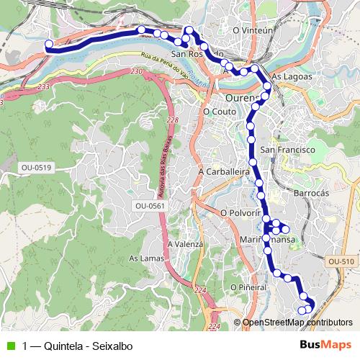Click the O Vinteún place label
(255, 31)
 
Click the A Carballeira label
(223, 173)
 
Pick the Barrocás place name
(311, 194)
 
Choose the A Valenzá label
(186, 245)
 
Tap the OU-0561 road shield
(150, 206)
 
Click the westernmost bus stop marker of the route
(49, 45)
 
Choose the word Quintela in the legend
(64, 346)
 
